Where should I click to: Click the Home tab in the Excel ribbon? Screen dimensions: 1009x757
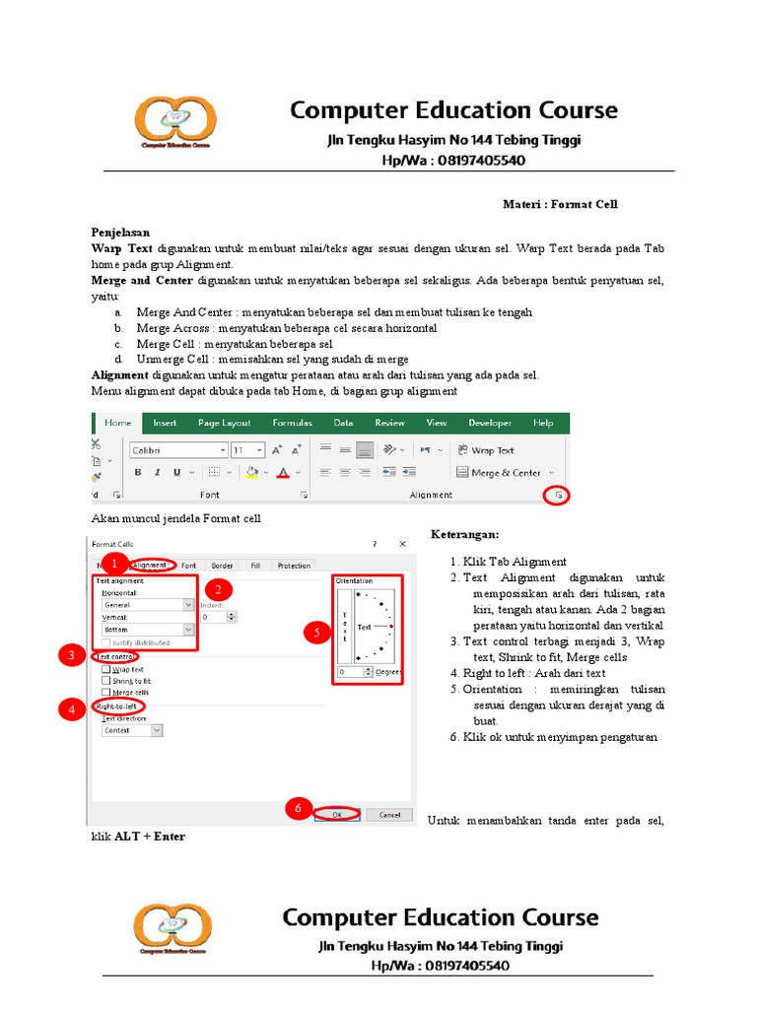click(x=117, y=423)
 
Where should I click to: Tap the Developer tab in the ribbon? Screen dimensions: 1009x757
click(x=489, y=423)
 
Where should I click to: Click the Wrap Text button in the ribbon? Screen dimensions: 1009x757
click(x=484, y=450)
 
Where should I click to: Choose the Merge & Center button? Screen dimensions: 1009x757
click(x=506, y=473)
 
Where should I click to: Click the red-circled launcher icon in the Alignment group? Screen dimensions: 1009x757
click(x=559, y=496)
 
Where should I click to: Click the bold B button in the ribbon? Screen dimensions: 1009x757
click(x=139, y=473)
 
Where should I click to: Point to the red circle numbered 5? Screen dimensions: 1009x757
click(x=316, y=633)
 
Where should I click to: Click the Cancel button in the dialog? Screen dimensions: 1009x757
click(x=389, y=815)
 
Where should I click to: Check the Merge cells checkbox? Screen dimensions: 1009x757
click(x=106, y=693)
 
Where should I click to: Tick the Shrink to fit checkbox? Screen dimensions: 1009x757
click(x=106, y=681)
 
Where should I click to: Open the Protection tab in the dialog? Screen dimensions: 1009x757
click(x=294, y=566)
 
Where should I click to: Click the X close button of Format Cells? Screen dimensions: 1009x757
click(x=402, y=543)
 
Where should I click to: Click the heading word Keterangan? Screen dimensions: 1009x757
click(x=466, y=534)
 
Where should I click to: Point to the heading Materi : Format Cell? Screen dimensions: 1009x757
click(x=560, y=204)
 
